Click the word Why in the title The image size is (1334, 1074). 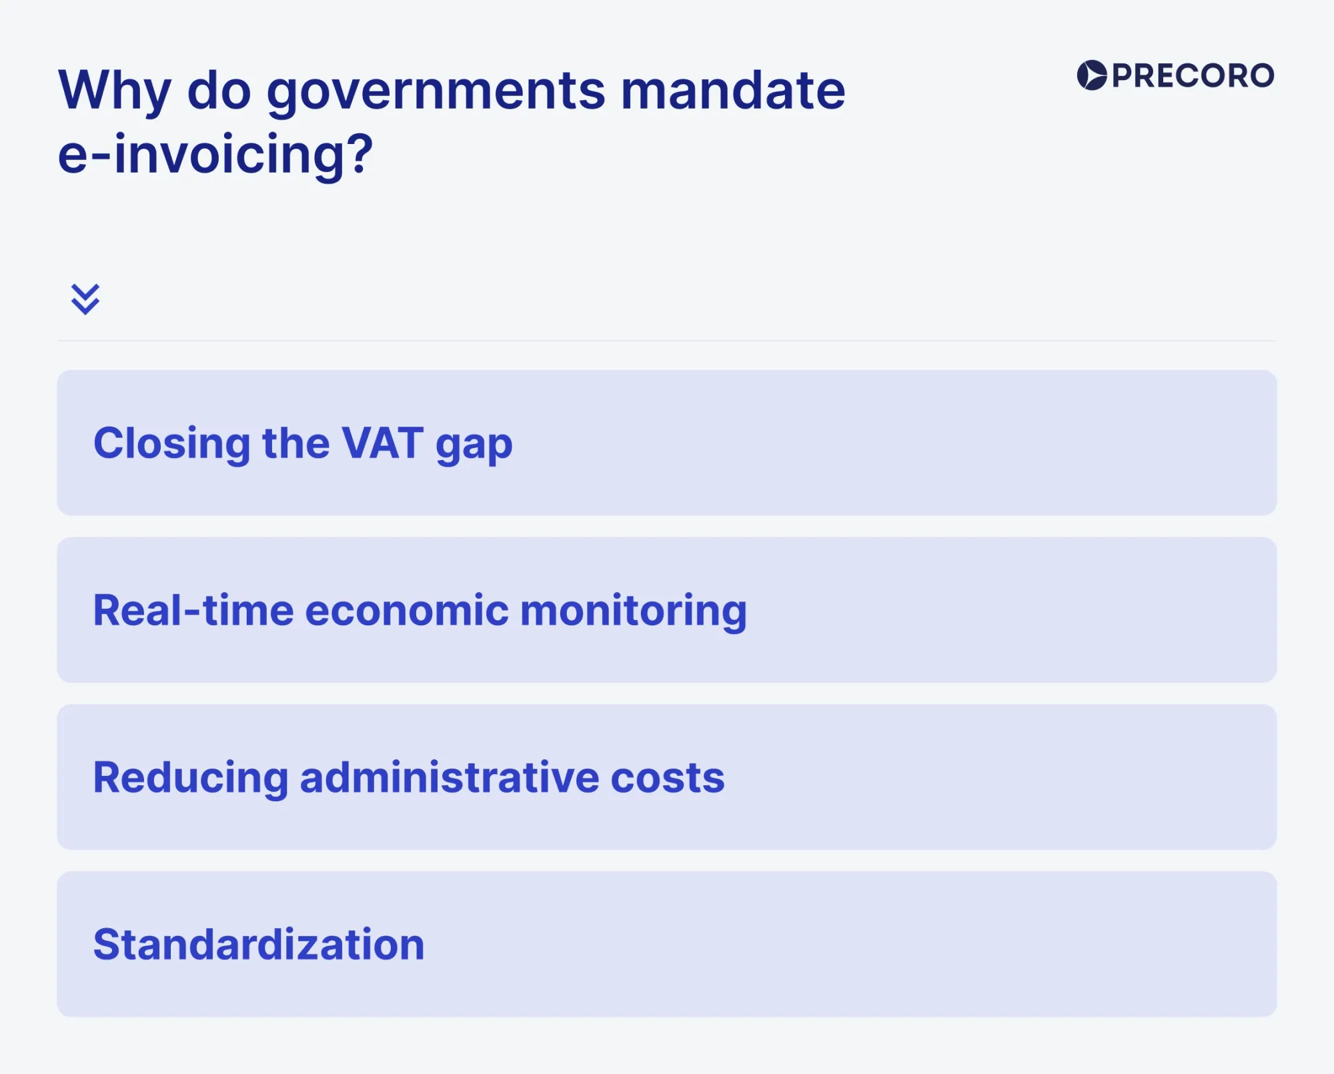coord(115,91)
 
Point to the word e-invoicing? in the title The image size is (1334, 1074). coord(215,155)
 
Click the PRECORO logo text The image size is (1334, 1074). coord(1193,75)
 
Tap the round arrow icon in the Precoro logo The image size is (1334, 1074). coord(1092,75)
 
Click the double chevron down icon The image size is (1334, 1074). coord(85,299)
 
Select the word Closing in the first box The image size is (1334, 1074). coord(171,443)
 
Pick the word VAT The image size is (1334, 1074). coord(382,443)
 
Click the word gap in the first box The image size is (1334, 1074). coord(474,445)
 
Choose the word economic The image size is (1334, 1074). coord(407,610)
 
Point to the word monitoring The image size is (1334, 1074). coord(633,611)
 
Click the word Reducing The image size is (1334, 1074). coord(190,778)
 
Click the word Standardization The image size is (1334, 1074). coord(259,945)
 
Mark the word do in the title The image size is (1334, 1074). coord(219,91)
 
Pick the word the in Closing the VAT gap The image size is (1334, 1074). coord(295,443)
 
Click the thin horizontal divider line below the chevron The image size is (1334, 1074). coord(667,341)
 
